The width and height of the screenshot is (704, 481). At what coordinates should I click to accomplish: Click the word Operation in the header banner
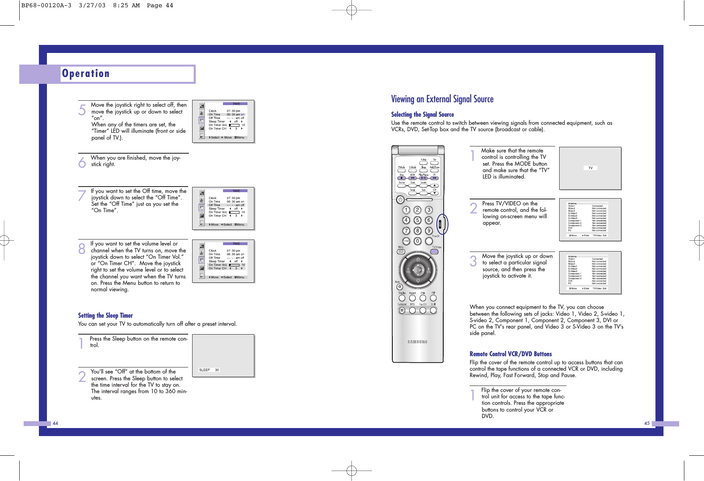coord(86,73)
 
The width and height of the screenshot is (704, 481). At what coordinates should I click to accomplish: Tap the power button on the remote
coord(400,199)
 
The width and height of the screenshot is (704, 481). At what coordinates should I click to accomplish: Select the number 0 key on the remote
coord(418,241)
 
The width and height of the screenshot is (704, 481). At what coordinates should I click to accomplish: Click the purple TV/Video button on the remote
coord(434,252)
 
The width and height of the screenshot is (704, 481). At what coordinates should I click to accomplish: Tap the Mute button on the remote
coord(400,287)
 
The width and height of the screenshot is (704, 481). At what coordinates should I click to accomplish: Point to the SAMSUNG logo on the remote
coord(418,342)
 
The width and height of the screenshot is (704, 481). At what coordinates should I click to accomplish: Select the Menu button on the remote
coord(401,252)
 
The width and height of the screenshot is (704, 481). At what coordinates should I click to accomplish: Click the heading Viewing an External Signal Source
coord(442,99)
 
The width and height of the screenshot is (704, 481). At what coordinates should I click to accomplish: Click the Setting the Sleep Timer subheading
coord(105,316)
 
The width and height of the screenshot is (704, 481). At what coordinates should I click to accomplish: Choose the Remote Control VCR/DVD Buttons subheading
coord(511,354)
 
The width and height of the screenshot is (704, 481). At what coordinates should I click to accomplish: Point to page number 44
coord(55,423)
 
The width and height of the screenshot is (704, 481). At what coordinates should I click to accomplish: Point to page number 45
coord(647,423)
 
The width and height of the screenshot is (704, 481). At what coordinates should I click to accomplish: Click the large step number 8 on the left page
coord(82,249)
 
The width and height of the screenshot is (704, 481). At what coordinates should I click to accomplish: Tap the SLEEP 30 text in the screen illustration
coord(209,370)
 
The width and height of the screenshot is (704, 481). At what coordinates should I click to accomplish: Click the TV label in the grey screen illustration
coord(590,168)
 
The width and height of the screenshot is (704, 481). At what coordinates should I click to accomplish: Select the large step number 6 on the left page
coord(82,162)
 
